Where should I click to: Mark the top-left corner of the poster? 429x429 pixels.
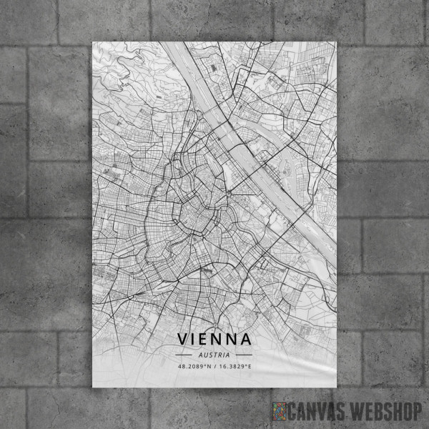coord(93,41)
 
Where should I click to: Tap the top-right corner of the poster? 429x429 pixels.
coord(336,41)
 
